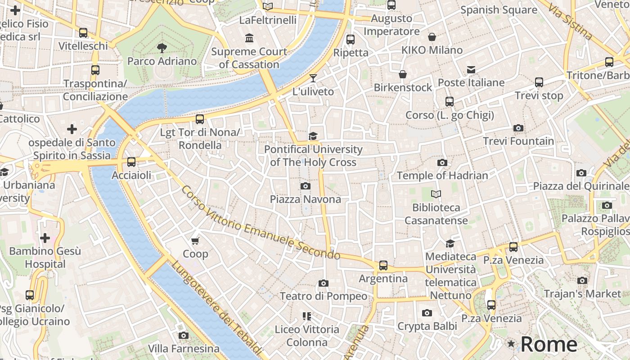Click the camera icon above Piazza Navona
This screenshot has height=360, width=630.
click(306, 186)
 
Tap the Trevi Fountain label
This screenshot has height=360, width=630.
click(518, 141)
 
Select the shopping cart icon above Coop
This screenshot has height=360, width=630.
click(195, 241)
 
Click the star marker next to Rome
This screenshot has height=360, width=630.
click(511, 344)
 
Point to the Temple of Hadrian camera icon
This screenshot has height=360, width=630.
click(442, 162)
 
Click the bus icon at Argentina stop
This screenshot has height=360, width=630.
click(383, 265)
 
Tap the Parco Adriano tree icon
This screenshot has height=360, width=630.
click(162, 48)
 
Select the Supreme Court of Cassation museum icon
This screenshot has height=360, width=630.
click(249, 38)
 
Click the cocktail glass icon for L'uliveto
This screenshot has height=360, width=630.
click(313, 78)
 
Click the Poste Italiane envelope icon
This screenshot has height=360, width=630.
click(471, 70)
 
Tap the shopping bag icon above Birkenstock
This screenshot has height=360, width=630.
click(403, 74)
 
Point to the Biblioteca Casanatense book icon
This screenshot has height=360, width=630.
click(436, 194)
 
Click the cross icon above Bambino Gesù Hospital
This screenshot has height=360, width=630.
click(45, 238)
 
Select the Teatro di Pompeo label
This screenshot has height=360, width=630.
click(324, 296)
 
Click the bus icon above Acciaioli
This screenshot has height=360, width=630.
click(131, 162)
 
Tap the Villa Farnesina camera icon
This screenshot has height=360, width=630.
click(183, 335)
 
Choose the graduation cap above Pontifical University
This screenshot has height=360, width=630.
click(313, 136)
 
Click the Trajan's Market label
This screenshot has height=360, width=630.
click(582, 294)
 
